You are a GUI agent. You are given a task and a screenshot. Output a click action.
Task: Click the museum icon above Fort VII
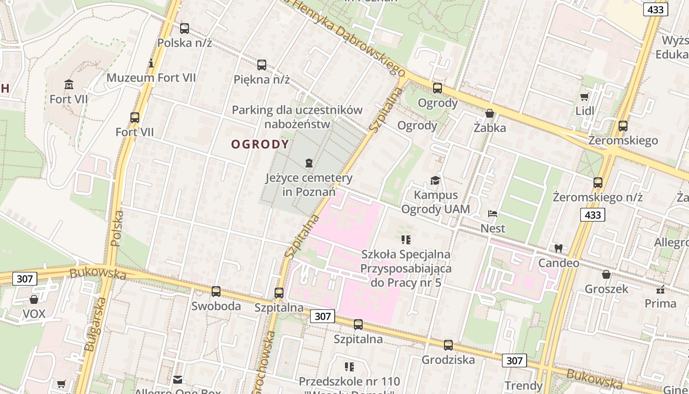point(69,85)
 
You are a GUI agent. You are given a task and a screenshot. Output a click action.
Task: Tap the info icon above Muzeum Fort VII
point(151,63)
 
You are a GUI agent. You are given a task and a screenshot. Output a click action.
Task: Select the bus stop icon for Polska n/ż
point(185,29)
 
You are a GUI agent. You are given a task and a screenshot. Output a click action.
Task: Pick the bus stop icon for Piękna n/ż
point(262,65)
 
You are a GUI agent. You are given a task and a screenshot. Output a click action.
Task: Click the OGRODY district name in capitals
point(260,144)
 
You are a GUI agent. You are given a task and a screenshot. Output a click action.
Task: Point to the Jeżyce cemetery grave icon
point(309,163)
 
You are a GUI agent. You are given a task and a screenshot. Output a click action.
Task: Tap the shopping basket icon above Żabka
point(490,113)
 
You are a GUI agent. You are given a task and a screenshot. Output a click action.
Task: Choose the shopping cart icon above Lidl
point(585,97)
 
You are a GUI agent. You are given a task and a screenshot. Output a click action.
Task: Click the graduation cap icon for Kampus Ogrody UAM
point(435,180)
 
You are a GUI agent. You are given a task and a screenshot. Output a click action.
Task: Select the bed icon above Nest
point(493,214)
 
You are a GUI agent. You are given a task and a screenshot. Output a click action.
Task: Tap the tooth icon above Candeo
point(558,248)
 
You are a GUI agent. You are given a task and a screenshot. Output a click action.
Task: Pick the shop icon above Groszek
point(606,274)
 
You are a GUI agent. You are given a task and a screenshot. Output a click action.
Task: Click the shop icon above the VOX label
point(34,299)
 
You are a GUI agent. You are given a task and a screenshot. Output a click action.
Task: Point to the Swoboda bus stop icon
point(216,291)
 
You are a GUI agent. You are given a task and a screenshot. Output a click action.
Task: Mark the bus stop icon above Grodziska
point(448,345)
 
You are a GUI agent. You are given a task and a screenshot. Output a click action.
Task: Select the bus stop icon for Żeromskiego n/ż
point(598,183)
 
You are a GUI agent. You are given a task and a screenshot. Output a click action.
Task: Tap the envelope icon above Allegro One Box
point(178,380)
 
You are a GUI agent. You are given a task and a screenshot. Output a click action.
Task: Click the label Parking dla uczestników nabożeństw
point(297,117)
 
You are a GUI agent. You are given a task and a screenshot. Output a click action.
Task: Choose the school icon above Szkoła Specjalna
point(406,240)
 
